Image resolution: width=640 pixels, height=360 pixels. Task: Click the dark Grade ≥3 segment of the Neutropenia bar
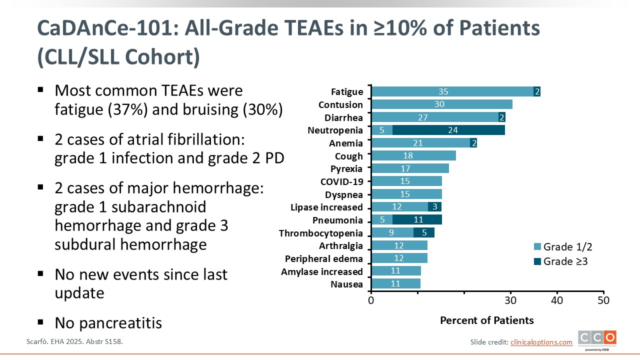click(448, 130)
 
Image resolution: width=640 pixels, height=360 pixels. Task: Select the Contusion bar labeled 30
click(441, 104)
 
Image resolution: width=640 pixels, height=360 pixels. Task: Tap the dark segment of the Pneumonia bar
click(417, 220)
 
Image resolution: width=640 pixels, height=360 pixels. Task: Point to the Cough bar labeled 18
click(413, 156)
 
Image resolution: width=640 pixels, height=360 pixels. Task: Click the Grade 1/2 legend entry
click(563, 246)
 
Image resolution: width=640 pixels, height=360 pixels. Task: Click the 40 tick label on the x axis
click(557, 300)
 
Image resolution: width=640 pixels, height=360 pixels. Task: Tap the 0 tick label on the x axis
click(371, 300)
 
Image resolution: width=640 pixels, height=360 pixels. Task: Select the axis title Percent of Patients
click(486, 320)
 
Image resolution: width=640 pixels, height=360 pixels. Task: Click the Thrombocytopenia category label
click(320, 233)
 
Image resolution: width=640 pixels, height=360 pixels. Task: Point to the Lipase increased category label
click(326, 207)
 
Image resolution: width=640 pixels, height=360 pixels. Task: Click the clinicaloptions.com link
click(541, 342)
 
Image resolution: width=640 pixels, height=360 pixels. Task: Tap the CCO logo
click(597, 339)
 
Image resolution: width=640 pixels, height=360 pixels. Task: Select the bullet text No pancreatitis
click(108, 323)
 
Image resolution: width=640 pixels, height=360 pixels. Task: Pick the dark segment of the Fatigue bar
click(537, 91)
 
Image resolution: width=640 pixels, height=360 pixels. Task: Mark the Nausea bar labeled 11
click(395, 284)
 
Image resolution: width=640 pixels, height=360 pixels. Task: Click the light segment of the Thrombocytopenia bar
click(392, 232)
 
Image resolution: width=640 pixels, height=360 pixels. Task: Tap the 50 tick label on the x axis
click(603, 300)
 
